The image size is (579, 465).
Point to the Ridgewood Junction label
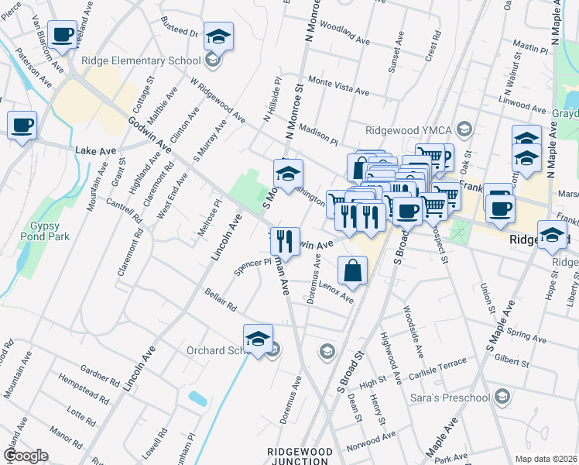click(x=300, y=456)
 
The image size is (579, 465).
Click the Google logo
click(x=26, y=456)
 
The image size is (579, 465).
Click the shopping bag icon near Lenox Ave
click(x=352, y=271)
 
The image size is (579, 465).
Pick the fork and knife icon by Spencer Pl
click(x=285, y=242)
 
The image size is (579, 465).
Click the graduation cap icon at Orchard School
click(x=258, y=339)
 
